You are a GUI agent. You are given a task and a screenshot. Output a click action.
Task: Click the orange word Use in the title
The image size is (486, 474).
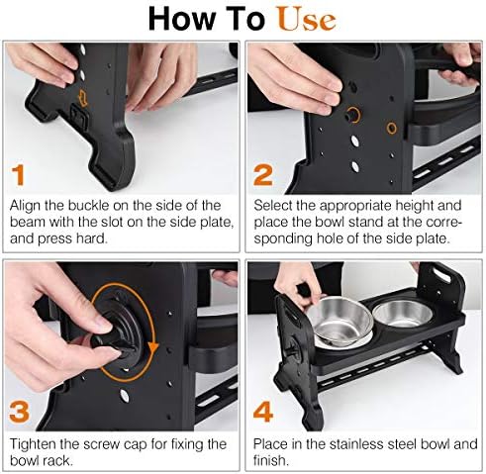(307, 20)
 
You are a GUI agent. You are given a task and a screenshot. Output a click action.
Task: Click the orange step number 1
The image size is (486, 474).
(19, 175)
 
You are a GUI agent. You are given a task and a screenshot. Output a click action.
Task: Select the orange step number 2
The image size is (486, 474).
(263, 175)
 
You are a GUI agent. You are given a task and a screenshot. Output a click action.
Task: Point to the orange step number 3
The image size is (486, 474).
(19, 413)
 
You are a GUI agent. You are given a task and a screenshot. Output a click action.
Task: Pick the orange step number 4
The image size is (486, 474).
(263, 412)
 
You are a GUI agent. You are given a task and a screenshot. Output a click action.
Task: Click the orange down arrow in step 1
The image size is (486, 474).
(82, 98)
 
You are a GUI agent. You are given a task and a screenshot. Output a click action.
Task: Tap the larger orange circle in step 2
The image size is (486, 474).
(353, 115)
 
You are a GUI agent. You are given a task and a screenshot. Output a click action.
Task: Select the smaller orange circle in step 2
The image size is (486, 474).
(391, 128)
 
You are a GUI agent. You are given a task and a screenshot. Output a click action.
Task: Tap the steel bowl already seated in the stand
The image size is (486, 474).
(402, 313)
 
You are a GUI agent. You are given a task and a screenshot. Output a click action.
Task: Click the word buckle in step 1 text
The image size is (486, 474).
(88, 206)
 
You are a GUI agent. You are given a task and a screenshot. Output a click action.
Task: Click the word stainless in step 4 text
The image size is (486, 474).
(357, 444)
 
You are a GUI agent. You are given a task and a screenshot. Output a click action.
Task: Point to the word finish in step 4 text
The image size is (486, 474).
(271, 460)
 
